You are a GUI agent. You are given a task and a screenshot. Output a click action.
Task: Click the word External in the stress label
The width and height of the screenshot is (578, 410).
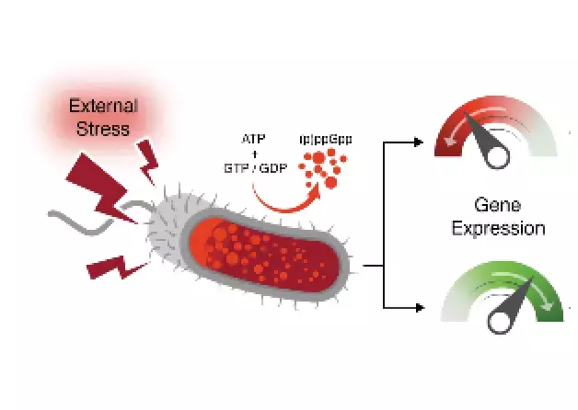click(x=104, y=106)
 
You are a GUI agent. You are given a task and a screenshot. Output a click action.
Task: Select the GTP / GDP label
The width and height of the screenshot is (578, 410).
click(x=254, y=168)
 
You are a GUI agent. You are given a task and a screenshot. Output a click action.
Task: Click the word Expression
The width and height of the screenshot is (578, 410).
click(x=497, y=227)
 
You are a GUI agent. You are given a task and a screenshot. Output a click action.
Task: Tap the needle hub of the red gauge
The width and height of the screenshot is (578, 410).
click(x=498, y=157)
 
